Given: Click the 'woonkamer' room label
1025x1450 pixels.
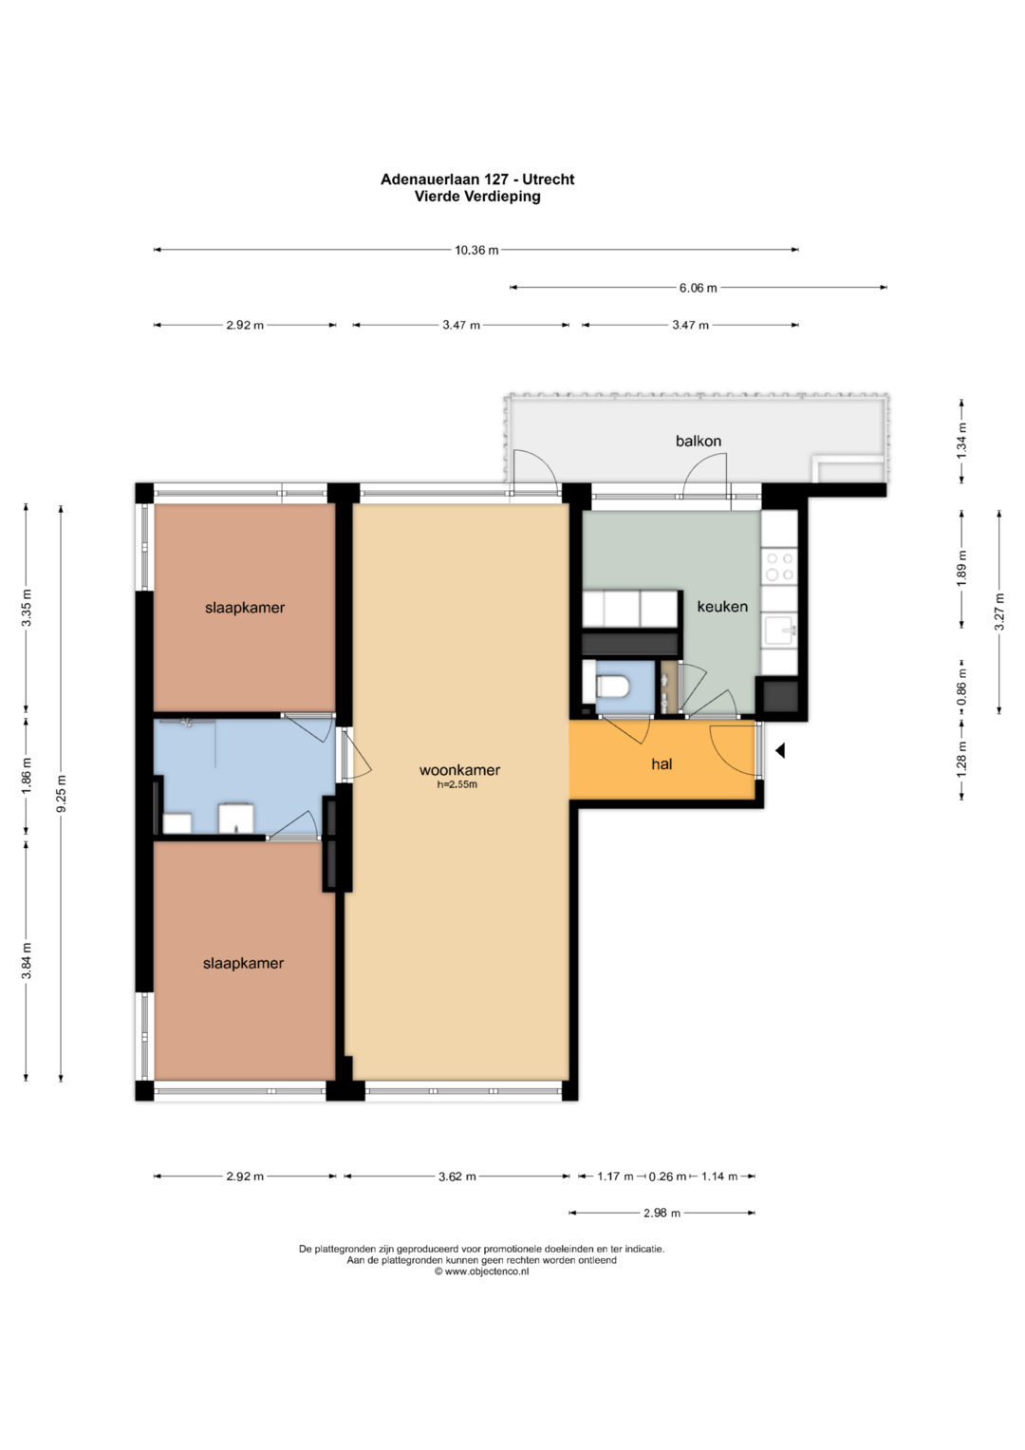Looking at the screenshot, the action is pos(459,770).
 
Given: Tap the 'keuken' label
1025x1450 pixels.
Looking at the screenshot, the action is pos(722,607).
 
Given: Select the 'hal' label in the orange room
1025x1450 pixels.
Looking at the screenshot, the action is pos(662,763).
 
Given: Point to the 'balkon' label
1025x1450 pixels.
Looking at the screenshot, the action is pos(699,441).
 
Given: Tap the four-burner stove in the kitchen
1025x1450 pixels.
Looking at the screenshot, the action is pos(779,566).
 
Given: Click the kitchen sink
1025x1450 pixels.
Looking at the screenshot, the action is pos(779,630).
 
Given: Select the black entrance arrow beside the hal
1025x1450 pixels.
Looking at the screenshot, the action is pos(780,751).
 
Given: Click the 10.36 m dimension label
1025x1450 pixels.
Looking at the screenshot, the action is pos(476,250).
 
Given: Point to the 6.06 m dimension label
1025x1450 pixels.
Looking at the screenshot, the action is pos(698,288).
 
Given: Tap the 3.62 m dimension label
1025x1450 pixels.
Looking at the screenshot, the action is pos(457,1177).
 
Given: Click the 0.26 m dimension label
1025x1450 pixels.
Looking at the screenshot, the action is pos(667,1177).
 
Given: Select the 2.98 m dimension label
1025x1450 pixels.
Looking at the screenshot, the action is pos(662,1213).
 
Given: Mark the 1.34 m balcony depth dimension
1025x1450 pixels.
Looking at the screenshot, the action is pos(961,441).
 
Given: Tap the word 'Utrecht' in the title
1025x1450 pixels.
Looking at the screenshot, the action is pos(549,179).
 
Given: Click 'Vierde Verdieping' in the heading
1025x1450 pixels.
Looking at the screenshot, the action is pos(477,197).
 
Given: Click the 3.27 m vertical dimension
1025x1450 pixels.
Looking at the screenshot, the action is pos(999,612).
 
